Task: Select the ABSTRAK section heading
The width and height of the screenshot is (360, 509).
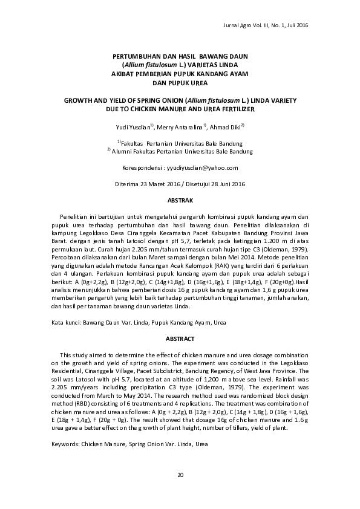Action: pyautogui.click(x=180, y=199)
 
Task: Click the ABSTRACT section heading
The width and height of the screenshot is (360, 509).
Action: pyautogui.click(x=180, y=339)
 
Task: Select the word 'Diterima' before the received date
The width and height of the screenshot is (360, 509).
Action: pyautogui.click(x=127, y=183)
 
